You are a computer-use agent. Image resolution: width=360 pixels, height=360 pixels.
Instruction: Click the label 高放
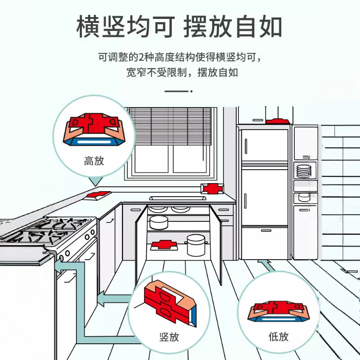[94, 161]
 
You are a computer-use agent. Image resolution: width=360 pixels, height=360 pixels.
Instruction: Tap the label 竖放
[169, 336]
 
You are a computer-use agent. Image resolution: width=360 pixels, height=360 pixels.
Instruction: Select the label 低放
[278, 336]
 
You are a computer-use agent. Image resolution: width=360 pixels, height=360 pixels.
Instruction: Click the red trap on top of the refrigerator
[277, 121]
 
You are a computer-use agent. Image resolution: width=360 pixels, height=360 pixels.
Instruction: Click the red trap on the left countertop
[98, 194]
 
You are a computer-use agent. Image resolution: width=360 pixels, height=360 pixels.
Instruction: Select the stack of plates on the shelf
[303, 171]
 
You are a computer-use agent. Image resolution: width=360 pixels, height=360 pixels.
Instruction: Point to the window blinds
[170, 126]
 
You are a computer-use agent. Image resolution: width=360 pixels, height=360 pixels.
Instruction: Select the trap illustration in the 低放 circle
[278, 312]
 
